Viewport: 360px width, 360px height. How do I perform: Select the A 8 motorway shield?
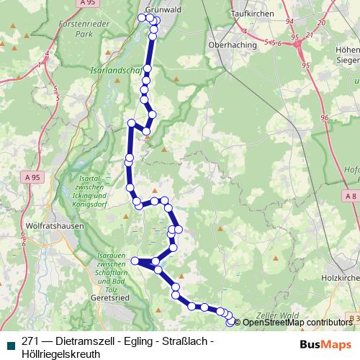click(x=351, y=196)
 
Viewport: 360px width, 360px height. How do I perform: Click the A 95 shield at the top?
click(x=88, y=4)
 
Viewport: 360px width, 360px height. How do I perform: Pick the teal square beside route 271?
click(x=9, y=343)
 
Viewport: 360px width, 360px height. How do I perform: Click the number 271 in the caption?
click(x=31, y=342)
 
